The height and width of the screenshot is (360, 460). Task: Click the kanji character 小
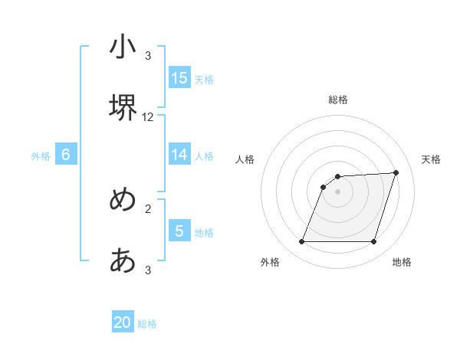coord(123,47)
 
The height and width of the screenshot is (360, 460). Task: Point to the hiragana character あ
coord(123,260)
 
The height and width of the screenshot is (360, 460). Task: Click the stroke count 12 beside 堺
coord(148,117)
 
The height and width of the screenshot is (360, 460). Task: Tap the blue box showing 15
coord(179,78)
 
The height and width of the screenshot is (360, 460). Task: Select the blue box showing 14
coord(179,155)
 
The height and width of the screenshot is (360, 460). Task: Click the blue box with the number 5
coord(179,231)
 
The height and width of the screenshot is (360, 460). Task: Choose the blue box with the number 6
coord(66,155)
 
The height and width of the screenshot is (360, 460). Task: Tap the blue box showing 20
coord(123,323)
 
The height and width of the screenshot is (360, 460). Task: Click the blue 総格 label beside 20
coord(147,325)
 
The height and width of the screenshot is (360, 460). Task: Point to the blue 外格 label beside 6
coord(41,156)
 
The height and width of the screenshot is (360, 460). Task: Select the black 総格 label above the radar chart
coord(338,100)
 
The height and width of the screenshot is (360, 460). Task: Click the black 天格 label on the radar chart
coord(432,159)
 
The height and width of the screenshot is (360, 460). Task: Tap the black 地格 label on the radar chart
coord(402,263)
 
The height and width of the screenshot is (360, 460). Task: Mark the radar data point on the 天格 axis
coord(396,173)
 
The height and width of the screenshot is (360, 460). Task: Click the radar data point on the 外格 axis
coord(302,242)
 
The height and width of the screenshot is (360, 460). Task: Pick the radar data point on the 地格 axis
coord(374,242)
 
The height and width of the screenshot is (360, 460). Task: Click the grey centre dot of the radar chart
coord(338,192)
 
